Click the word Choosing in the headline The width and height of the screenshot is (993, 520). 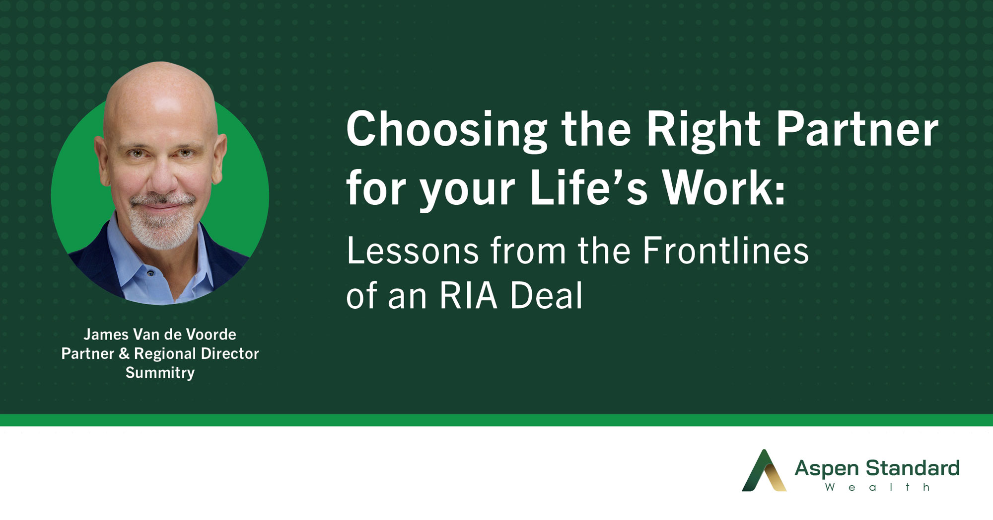click(447, 130)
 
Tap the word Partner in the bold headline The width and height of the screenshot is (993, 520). click(857, 129)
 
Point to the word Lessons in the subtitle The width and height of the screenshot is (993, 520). click(413, 251)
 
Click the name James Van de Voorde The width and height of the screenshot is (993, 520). click(160, 334)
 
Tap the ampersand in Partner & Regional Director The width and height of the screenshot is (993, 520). click(124, 353)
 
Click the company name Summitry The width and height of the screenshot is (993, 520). click(160, 373)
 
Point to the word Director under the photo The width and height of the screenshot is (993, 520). click(230, 353)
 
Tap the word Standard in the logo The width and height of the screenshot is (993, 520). click(912, 468)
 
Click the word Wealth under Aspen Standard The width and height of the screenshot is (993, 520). click(877, 487)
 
